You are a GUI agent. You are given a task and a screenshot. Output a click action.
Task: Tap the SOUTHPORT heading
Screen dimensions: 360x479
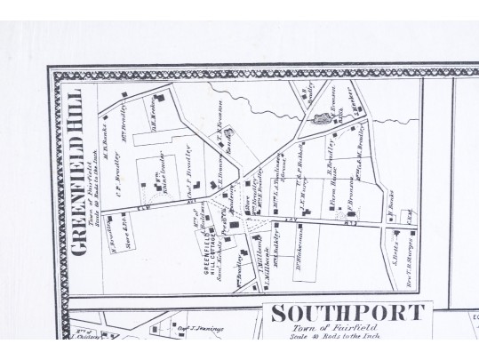click(x=347, y=314)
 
